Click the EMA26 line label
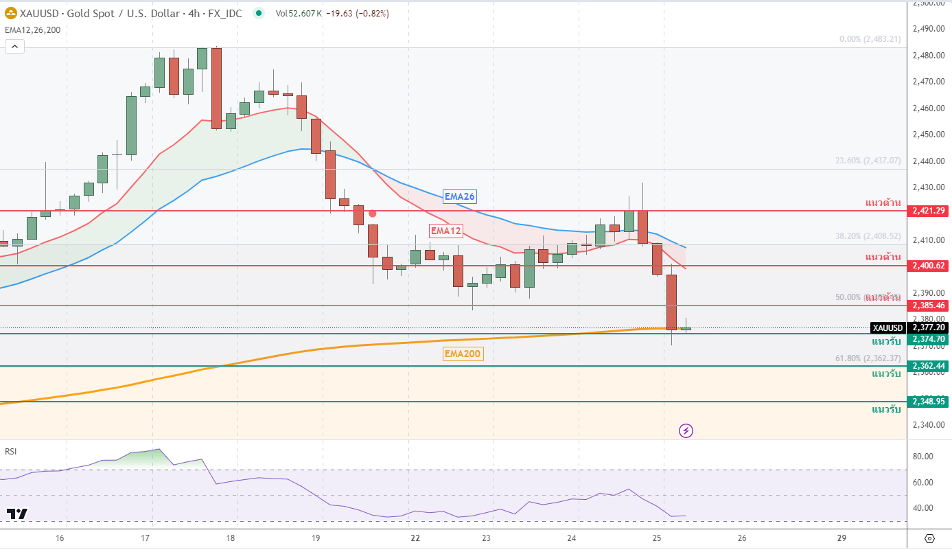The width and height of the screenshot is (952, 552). [x=459, y=196]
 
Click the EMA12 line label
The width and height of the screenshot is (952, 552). [x=445, y=231]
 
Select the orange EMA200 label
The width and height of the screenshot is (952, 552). [x=463, y=354]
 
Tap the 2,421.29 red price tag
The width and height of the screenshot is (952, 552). [x=928, y=210]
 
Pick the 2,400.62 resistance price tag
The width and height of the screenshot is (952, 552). [x=928, y=265]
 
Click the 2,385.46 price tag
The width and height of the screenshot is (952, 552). [x=928, y=305]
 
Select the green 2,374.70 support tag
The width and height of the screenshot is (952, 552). [x=928, y=338]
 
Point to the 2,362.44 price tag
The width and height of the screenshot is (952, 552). [x=928, y=366]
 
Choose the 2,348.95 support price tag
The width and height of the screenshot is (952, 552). [x=928, y=401]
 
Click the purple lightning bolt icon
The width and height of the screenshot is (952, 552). [x=686, y=430]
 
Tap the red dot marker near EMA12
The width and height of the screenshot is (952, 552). [x=373, y=214]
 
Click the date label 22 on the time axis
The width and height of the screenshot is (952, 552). [x=415, y=538]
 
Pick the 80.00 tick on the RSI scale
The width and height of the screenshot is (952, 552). [x=924, y=456]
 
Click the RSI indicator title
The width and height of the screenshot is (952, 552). [x=11, y=451]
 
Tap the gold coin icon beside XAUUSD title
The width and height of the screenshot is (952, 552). [x=11, y=13]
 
